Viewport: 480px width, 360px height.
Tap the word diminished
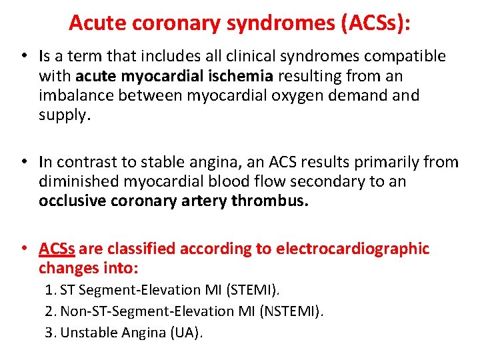[x=79, y=181]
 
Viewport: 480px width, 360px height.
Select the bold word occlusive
[x=71, y=201]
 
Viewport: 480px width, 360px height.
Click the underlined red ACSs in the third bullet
[x=57, y=249]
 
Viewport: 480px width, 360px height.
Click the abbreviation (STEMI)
[x=255, y=290]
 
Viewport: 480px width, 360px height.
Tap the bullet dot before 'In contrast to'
[x=23, y=162]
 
